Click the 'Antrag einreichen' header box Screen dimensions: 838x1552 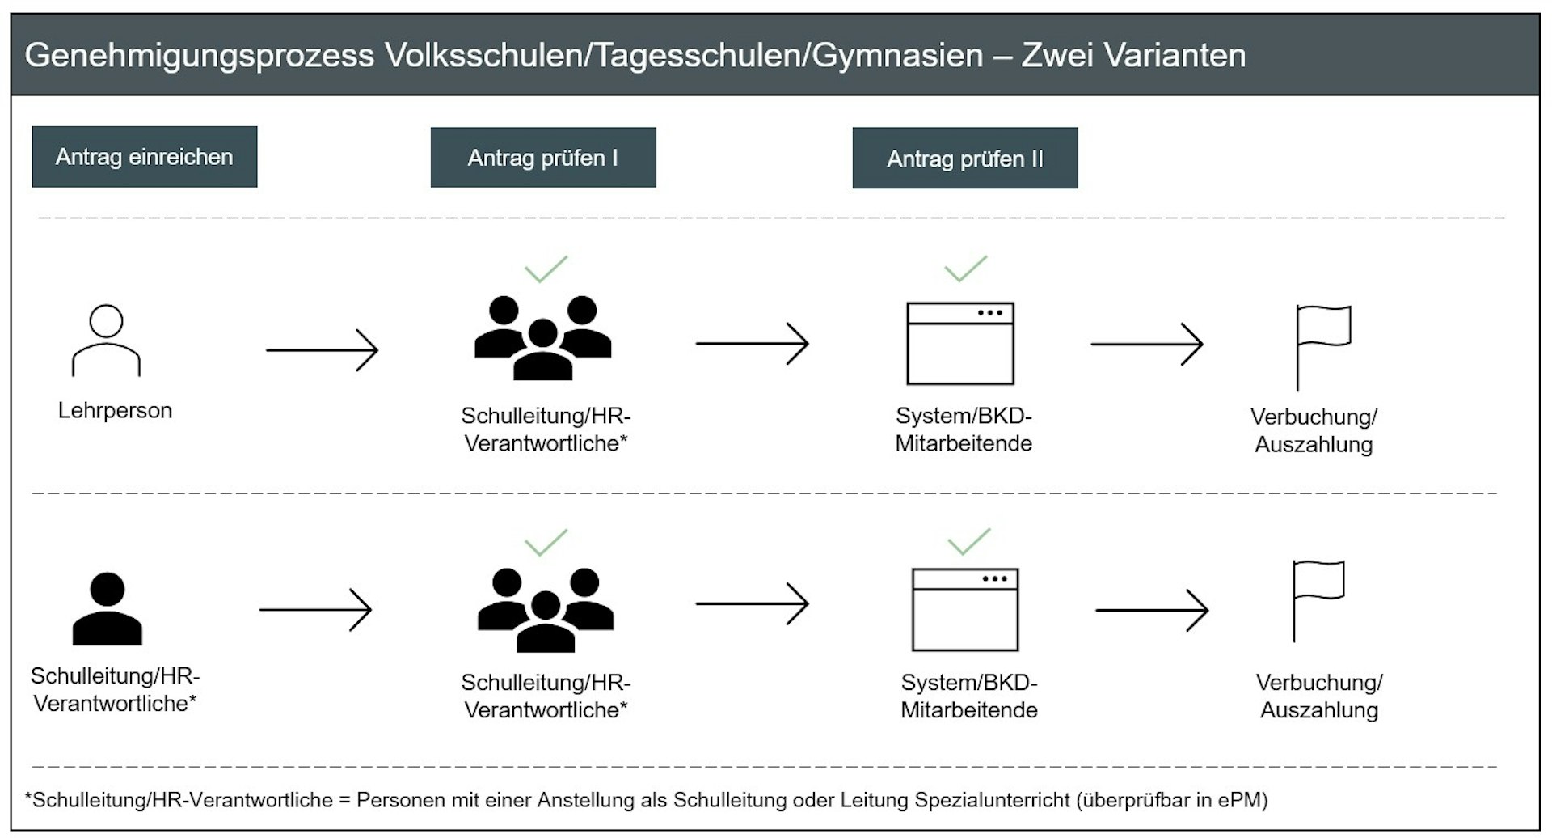[144, 157]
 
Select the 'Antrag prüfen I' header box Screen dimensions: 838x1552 [542, 158]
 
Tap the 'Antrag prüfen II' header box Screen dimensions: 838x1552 [964, 159]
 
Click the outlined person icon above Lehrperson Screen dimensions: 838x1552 [106, 341]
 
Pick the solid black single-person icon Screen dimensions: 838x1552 [107, 608]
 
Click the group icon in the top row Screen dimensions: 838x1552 [542, 338]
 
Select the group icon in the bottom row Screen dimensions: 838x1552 [546, 610]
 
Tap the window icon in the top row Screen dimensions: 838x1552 [959, 344]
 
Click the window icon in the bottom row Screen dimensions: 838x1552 [964, 609]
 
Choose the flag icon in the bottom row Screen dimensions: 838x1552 [1317, 599]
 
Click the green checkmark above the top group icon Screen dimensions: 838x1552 [546, 269]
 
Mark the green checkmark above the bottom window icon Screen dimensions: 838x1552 [968, 541]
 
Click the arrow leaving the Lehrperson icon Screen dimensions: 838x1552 [322, 350]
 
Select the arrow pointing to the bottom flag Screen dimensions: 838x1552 [1151, 610]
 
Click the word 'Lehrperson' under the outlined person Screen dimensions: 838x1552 [115, 411]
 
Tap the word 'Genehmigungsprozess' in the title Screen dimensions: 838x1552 [200, 56]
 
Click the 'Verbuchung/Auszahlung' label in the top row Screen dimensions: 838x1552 [1314, 430]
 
